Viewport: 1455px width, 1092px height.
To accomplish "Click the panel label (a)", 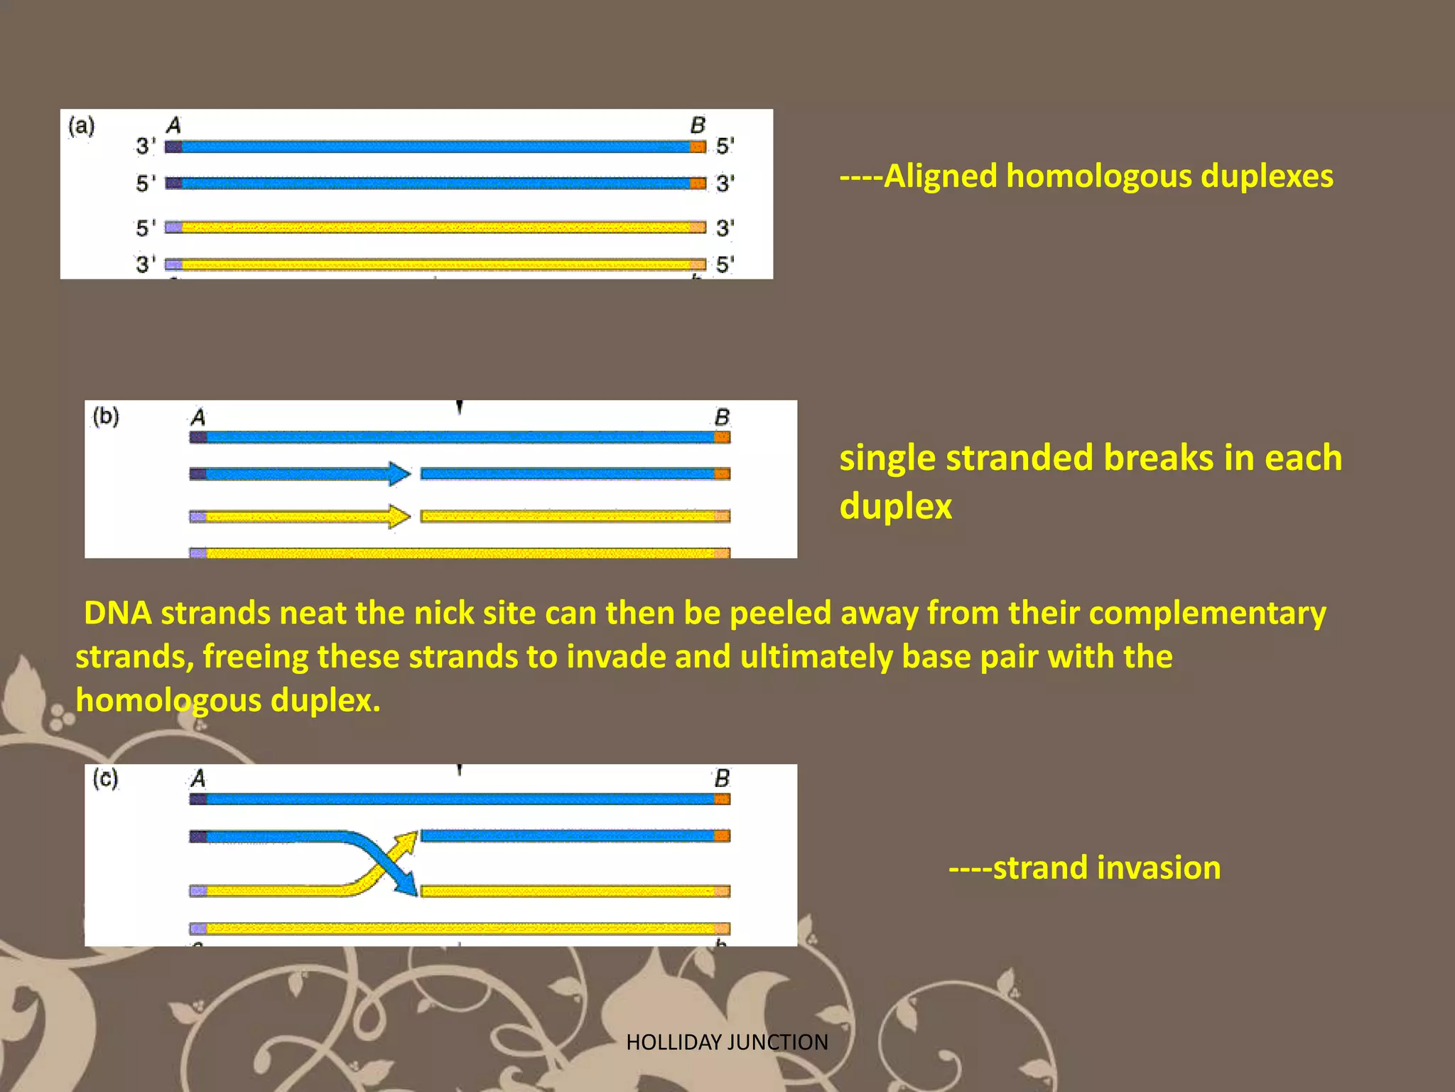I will coord(81,127).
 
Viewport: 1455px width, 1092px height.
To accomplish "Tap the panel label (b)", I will coord(106,416).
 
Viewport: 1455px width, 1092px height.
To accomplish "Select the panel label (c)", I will coord(105,778).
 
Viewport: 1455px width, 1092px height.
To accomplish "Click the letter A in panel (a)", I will coord(174,126).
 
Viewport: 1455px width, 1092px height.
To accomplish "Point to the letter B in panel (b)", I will coord(722,417).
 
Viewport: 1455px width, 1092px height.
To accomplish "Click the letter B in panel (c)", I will coord(722,778).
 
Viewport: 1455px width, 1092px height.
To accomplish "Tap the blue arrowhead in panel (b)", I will coord(399,473).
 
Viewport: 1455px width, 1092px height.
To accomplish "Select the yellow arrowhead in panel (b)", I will coord(399,516).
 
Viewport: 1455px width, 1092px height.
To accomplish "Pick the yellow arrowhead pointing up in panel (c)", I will coord(407,842).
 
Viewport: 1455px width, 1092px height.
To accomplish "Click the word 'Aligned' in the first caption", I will coord(940,176).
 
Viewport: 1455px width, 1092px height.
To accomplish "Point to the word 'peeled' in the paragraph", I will coord(777,614).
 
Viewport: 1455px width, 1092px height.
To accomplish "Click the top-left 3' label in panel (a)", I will coord(146,146).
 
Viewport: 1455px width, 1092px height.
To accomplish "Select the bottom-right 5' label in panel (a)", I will coord(725,265).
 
